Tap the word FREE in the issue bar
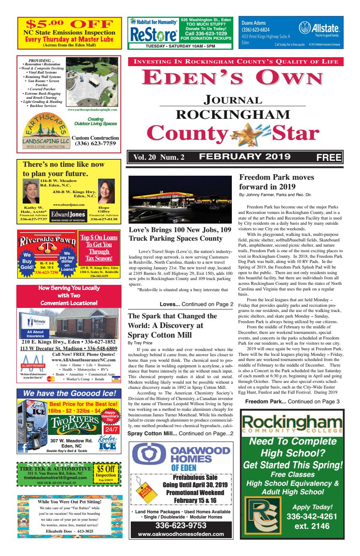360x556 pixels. pyautogui.click(x=328, y=157)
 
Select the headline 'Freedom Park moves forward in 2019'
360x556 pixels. pyautogui.click(x=276, y=182)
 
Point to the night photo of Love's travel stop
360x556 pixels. pyautogui.click(x=180, y=199)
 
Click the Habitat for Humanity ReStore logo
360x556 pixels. pyautogui.click(x=153, y=31)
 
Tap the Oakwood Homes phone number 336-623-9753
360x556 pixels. pyautogui.click(x=181, y=525)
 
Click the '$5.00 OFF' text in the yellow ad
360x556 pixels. pyautogui.click(x=69, y=24)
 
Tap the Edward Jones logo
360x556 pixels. pyautogui.click(x=68, y=215)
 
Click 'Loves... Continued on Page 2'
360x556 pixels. pyautogui.click(x=196, y=304)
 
